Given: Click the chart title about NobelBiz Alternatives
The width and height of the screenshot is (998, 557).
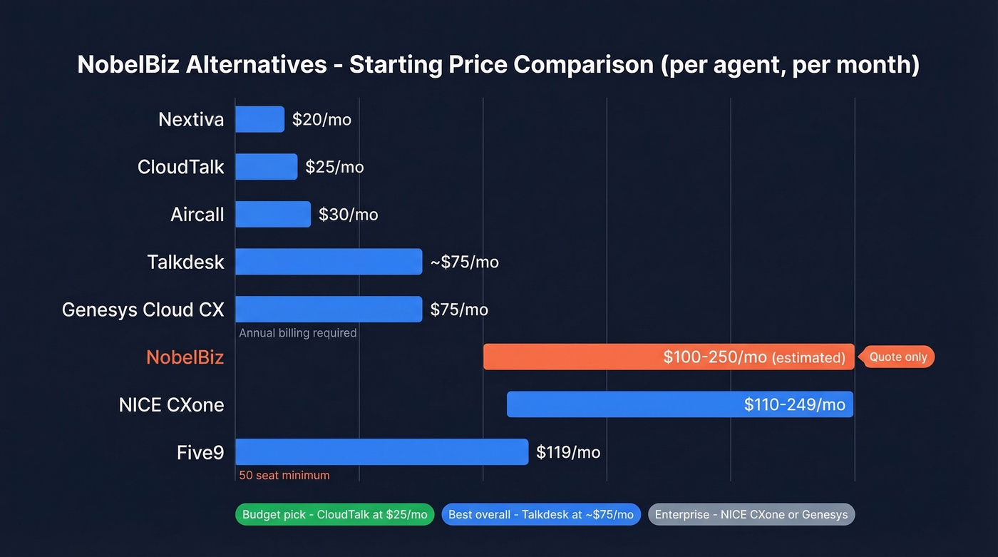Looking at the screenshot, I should [x=498, y=64].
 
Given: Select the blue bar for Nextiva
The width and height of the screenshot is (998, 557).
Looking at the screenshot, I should [x=259, y=119].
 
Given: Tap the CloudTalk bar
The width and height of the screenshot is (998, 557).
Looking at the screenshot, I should [x=266, y=167].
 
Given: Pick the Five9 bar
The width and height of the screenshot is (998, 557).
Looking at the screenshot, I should [x=381, y=452].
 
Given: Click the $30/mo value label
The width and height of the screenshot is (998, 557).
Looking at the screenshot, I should [x=348, y=214].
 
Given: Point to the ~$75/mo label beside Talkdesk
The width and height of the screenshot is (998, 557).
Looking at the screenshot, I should [x=464, y=262].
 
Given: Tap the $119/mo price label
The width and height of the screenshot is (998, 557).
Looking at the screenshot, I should [x=568, y=452].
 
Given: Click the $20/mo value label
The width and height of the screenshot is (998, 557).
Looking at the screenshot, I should [x=321, y=119].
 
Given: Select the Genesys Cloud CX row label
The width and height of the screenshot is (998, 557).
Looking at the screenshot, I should [x=143, y=310].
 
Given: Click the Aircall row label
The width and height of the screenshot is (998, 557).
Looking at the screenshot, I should [x=197, y=214].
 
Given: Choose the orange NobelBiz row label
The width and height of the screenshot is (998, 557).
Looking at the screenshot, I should [x=185, y=357].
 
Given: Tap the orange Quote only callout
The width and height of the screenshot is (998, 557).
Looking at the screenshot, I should [x=897, y=357].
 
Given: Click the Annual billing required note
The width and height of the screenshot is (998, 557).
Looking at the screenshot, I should [x=297, y=333].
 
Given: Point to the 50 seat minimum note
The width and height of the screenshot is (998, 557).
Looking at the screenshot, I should [x=284, y=475].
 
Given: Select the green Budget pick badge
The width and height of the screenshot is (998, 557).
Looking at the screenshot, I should [x=334, y=514].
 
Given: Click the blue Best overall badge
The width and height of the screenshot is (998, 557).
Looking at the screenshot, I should [x=540, y=514].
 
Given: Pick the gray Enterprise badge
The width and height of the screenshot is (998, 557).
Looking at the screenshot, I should [x=751, y=514].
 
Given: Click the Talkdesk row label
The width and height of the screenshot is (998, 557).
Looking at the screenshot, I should [x=185, y=262].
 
